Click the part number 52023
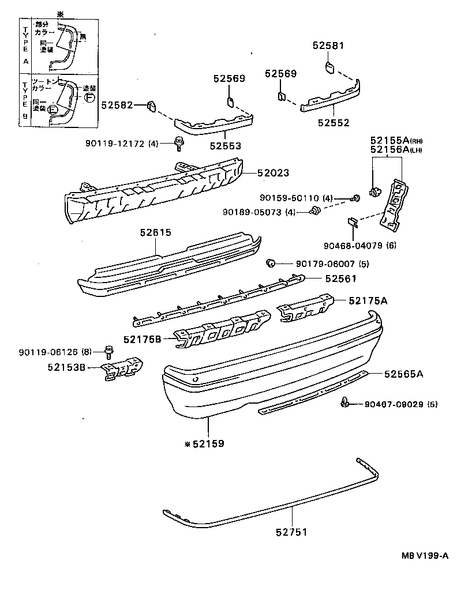coord(274,172)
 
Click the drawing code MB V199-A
coord(425,555)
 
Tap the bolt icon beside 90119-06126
coord(107,351)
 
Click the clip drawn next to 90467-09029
coord(344,404)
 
